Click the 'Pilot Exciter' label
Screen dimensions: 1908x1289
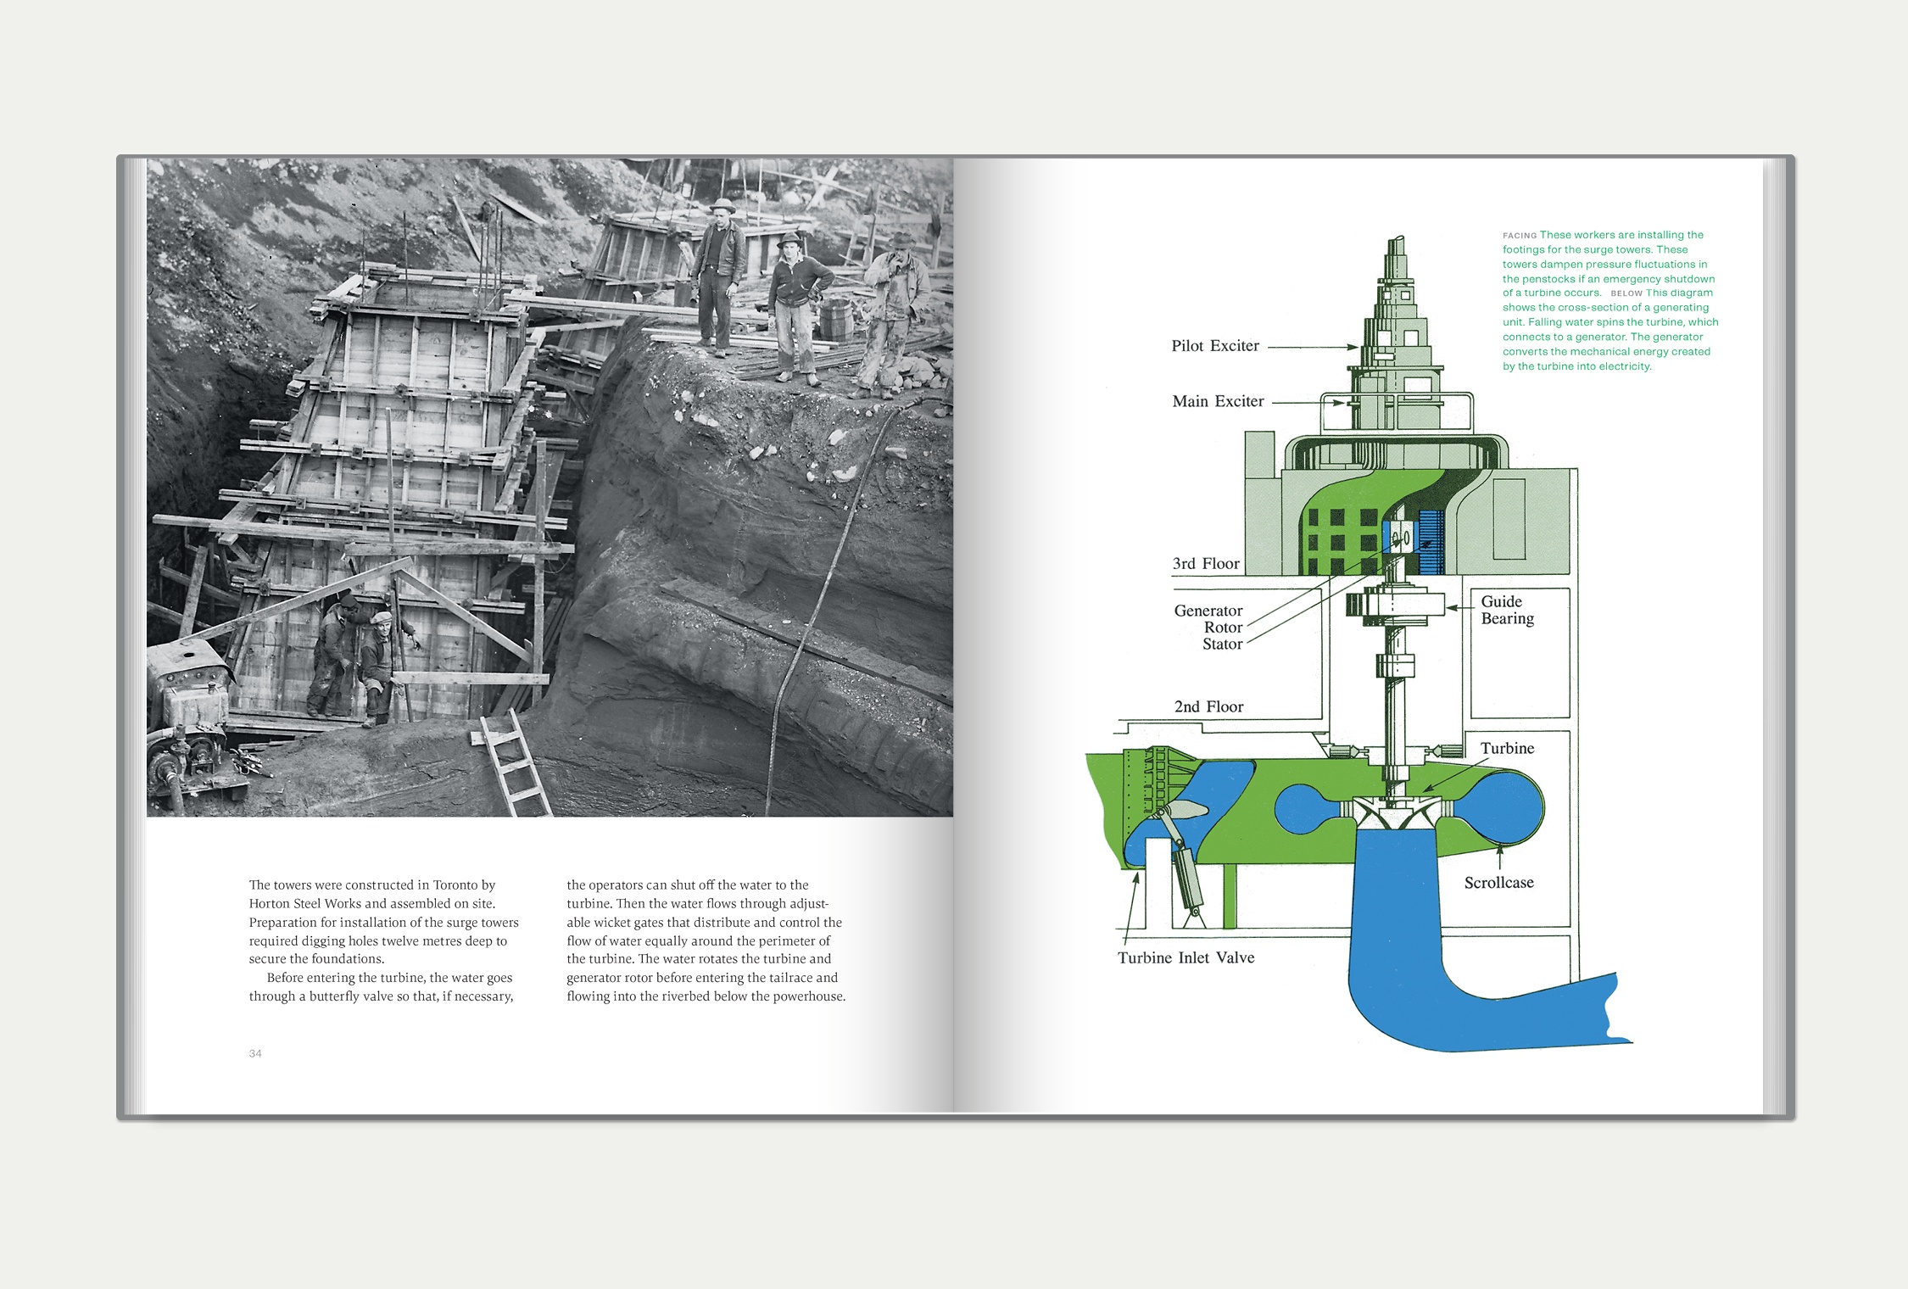tap(1215, 346)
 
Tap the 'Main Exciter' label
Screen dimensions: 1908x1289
tap(1218, 401)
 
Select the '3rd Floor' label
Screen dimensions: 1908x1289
tap(1206, 564)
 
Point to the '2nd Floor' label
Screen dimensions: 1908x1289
tap(1208, 706)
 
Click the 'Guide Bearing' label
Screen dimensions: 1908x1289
tap(1507, 610)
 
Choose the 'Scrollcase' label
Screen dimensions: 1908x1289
tap(1498, 883)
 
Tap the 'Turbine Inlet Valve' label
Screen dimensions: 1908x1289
tap(1186, 957)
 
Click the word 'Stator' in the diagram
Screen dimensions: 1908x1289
tap(1222, 644)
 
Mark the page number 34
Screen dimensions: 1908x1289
tap(255, 1053)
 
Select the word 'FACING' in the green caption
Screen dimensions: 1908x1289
tap(1520, 236)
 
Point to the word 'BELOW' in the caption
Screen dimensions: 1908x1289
tap(1626, 293)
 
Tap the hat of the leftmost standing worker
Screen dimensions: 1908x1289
tap(722, 204)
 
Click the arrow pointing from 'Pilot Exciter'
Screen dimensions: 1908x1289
tap(1313, 347)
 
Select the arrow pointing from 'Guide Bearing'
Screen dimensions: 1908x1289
tap(1461, 608)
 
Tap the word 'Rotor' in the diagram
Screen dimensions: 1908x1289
tap(1223, 628)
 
